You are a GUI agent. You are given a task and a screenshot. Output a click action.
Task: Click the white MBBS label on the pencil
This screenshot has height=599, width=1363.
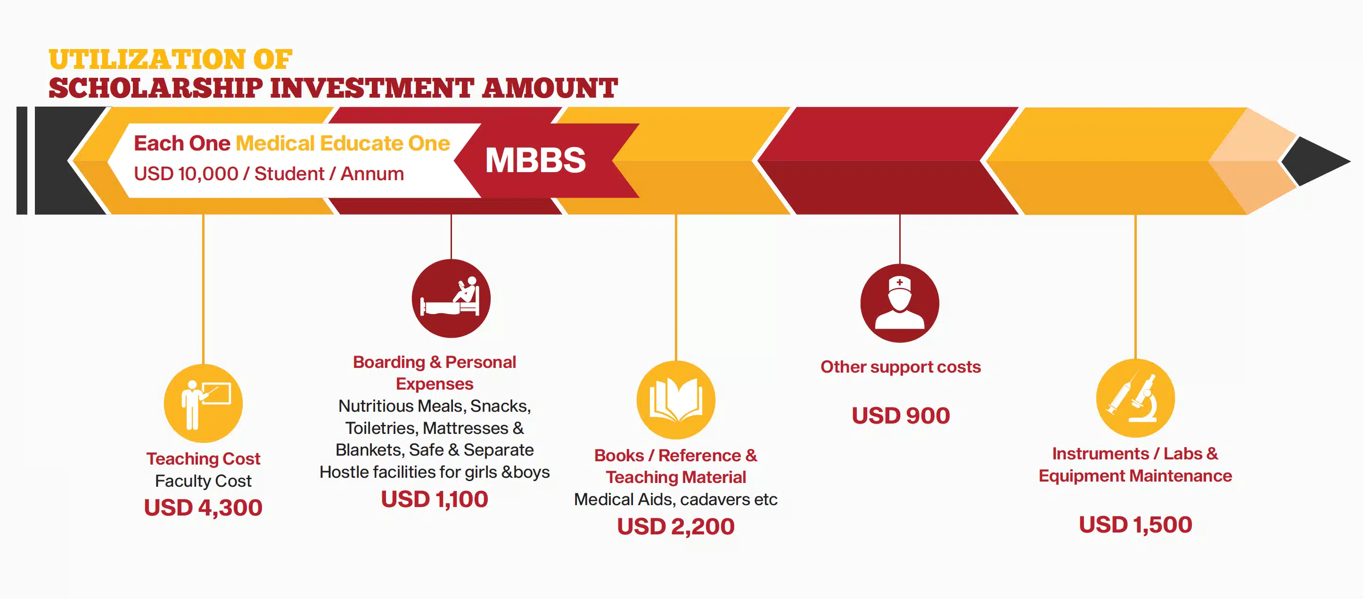coord(535,160)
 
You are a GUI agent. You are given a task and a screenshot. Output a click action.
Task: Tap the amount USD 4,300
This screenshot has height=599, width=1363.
coord(203,507)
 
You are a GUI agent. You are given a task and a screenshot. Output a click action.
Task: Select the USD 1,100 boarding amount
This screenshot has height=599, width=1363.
coord(435,499)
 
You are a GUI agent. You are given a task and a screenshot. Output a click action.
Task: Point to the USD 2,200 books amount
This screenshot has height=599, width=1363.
coord(676,526)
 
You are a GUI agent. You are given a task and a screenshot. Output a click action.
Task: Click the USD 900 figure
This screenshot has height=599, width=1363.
coord(901,416)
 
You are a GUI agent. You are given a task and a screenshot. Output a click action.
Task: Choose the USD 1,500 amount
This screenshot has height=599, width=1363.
coord(1135,525)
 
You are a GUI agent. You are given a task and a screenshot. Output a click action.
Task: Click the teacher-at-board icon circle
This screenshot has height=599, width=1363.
coord(203,404)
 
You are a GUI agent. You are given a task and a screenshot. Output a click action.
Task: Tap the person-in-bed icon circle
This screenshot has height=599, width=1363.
coord(451,299)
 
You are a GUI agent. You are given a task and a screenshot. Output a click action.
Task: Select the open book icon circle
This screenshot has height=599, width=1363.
coord(676,400)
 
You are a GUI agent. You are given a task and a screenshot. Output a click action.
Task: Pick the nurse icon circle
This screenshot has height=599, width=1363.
coord(900,303)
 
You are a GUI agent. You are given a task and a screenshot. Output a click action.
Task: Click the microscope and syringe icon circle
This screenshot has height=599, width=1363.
coord(1135,398)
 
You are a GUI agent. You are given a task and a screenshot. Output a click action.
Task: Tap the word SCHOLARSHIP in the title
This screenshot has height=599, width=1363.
coord(156,88)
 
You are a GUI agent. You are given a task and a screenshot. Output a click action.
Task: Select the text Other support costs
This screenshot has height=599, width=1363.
coord(901,367)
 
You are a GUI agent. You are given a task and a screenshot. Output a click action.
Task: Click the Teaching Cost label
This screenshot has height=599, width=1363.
coord(203,458)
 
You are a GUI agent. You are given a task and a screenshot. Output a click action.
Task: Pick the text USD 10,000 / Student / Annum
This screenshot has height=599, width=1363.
coord(269,174)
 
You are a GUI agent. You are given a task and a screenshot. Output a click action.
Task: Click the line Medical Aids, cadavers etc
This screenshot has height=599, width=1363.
coord(676,499)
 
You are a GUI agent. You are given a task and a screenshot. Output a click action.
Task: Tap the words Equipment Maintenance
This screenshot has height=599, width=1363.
coord(1135,476)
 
